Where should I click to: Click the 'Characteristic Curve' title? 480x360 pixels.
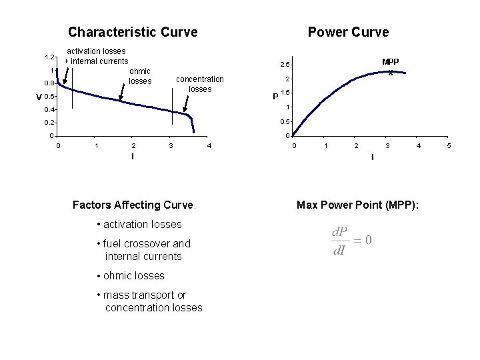pos(133,32)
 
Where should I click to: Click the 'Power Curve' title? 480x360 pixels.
pos(348,32)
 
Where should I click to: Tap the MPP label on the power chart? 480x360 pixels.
pos(390,62)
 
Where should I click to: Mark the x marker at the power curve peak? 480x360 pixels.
pos(391,73)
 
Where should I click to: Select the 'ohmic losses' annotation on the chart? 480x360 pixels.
pos(140,76)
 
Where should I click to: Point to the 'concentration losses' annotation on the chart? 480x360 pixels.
pos(200,84)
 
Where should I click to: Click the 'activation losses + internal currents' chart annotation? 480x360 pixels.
pos(96,56)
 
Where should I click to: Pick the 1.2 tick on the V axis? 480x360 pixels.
pos(49,57)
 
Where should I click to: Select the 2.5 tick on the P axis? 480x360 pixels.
pos(284,65)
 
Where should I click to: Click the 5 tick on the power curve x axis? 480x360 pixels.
pos(449,145)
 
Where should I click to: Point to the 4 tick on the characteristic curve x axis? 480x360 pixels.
pos(209,145)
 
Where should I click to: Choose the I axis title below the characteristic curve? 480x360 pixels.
pos(133,156)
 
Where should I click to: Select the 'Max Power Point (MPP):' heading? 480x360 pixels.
pos(358,205)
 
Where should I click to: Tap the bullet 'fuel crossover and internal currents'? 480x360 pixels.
pos(144,250)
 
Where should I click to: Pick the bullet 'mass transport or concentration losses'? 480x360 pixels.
pos(150,301)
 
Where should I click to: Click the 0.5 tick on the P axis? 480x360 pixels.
pos(284,122)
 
